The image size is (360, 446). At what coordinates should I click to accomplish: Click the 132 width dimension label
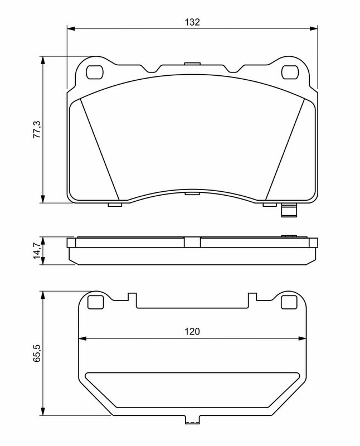192,22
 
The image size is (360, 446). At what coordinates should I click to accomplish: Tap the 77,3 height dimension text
37,129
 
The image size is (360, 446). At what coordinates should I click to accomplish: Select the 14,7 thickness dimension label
37,250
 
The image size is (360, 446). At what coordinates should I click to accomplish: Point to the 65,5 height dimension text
37,353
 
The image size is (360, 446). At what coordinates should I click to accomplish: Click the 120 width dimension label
192,331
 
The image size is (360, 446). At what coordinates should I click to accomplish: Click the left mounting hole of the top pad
94,72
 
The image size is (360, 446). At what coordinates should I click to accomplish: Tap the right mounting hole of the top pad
290,72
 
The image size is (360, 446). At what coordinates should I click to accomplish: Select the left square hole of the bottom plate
95,302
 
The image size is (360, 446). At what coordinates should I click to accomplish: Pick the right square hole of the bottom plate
289,302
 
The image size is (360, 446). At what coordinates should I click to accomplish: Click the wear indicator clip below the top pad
289,211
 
